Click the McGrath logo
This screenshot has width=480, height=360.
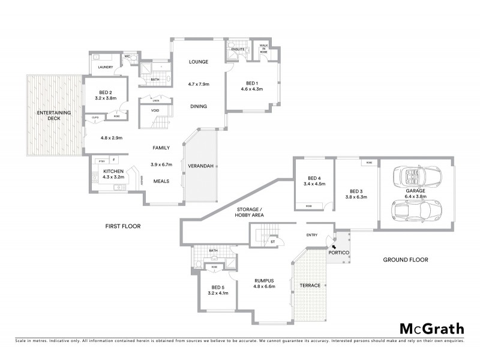coord(431,328)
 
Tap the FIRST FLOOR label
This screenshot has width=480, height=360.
coord(122,226)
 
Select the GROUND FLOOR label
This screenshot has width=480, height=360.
coord(406,260)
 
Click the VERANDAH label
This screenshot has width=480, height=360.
coord(200,166)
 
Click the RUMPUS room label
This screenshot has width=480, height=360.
coord(264,280)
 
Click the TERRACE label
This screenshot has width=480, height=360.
coord(310,285)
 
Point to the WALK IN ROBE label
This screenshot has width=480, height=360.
coord(263,48)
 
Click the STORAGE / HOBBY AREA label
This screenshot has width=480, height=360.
coord(246,211)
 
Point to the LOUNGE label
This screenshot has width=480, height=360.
coord(198,62)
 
